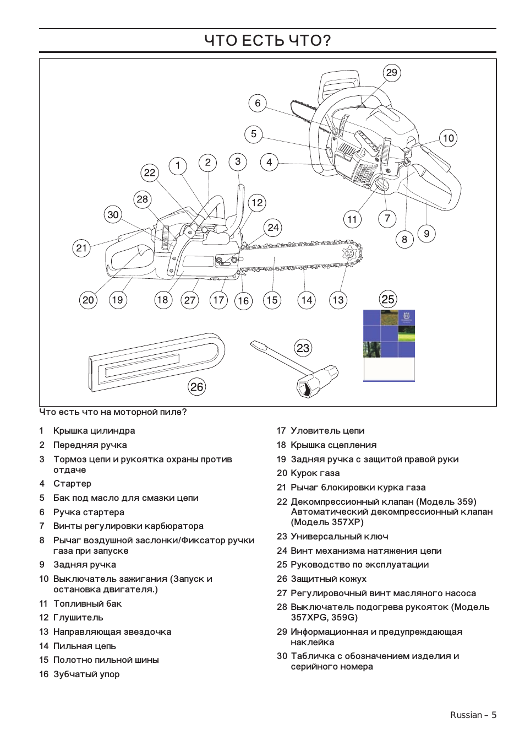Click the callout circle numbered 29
[x=391, y=73]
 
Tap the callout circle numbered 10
[x=449, y=138]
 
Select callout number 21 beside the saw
[x=81, y=248]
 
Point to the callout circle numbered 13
[x=338, y=300]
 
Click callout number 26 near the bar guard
[x=196, y=387]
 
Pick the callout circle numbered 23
[x=303, y=348]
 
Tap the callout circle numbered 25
[x=388, y=299]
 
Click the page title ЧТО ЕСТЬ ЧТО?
[x=267, y=41]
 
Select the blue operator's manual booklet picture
[x=389, y=345]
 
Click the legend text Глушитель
[x=78, y=618]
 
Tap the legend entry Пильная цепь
[x=84, y=646]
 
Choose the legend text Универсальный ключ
[x=339, y=536]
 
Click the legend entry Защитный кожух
[x=328, y=579]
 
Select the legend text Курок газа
[x=315, y=473]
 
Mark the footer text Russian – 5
[x=473, y=715]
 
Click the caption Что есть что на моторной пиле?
[x=113, y=412]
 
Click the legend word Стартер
[x=72, y=483]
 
